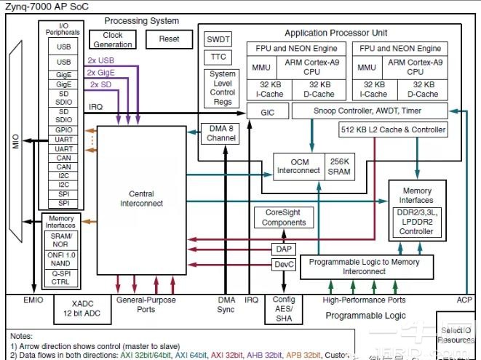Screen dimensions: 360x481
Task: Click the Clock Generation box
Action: [x=113, y=40]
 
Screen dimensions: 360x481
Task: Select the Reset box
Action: [x=169, y=39]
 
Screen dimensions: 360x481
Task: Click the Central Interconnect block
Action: [x=141, y=199]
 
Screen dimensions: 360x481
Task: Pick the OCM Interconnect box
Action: [x=298, y=167]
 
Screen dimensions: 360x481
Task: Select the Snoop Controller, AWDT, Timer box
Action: [x=367, y=111]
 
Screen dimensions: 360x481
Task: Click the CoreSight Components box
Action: [x=284, y=217]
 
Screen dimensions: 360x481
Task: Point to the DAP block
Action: [x=284, y=249]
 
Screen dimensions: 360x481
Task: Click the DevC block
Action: [x=284, y=265]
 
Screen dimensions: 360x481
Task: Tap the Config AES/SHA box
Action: [x=283, y=309]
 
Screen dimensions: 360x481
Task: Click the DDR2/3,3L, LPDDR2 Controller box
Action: [x=416, y=221]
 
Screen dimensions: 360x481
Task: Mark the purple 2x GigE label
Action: [x=101, y=73]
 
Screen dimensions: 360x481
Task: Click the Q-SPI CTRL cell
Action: [x=60, y=278]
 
